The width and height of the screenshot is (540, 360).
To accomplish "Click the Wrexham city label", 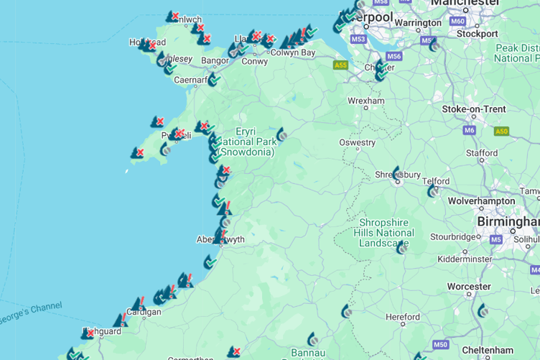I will click(366, 101).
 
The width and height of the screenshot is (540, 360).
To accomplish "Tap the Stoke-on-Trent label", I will click(473, 109).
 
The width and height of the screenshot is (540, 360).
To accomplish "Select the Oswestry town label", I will click(358, 142).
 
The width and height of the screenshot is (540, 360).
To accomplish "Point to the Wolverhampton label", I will click(481, 201).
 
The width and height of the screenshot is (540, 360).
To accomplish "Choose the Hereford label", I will click(402, 317).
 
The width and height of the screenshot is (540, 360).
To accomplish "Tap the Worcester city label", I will click(468, 287).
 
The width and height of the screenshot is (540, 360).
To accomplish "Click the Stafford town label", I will click(481, 153).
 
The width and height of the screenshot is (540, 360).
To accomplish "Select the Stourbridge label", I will click(454, 236).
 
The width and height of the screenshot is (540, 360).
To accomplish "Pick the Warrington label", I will click(418, 23).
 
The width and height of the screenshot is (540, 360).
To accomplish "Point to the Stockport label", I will click(477, 34).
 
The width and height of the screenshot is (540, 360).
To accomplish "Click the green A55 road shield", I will click(340, 65).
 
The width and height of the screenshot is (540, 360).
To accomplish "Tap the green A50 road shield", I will click(501, 131).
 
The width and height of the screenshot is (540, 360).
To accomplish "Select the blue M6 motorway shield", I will click(470, 130).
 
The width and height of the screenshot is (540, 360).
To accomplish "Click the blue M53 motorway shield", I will click(358, 39).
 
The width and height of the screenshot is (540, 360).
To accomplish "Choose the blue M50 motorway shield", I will click(440, 345).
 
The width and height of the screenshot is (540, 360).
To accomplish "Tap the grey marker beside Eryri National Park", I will click(282, 134).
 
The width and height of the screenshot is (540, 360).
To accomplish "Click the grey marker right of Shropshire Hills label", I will click(402, 246).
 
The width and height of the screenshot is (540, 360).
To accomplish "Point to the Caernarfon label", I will click(191, 80).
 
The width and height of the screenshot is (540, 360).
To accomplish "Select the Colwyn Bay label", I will click(293, 52).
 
